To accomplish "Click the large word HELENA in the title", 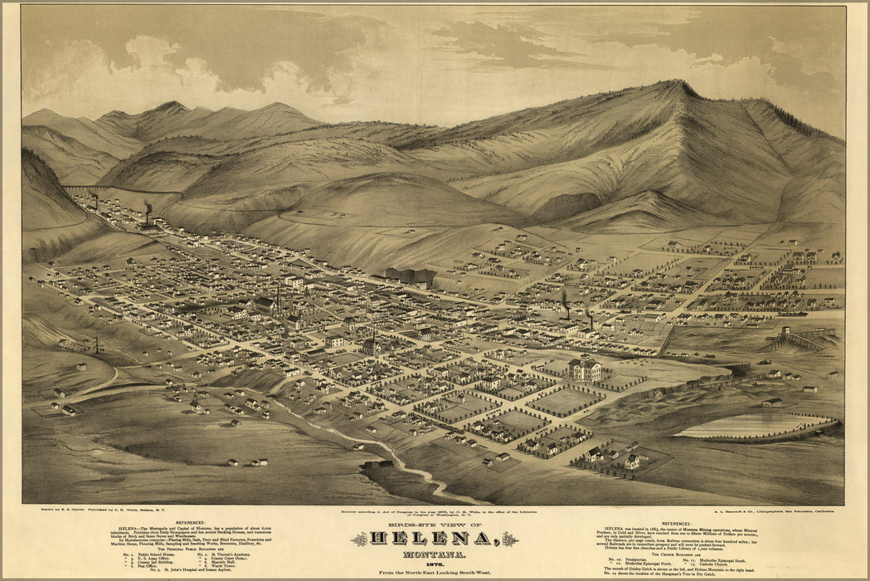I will tap(435, 539).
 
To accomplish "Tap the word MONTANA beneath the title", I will tap(435, 555).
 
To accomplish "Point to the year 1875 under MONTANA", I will tap(435, 564).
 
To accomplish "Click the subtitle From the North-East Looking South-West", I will tap(435, 573).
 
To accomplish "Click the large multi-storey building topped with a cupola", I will tap(585, 368).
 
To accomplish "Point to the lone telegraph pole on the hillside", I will tap(96, 343).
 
